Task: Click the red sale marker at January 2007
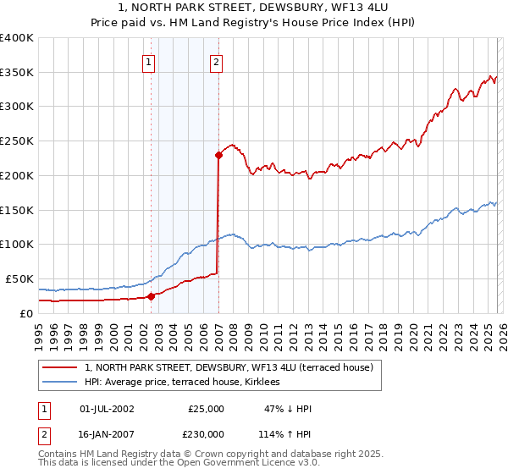tap(218, 155)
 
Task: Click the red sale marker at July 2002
tap(151, 296)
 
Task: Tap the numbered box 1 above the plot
tap(149, 61)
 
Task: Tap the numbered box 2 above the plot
tap(217, 61)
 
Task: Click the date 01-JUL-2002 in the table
tap(107, 409)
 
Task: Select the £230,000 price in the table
tap(206, 433)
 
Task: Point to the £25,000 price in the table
tap(206, 409)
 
